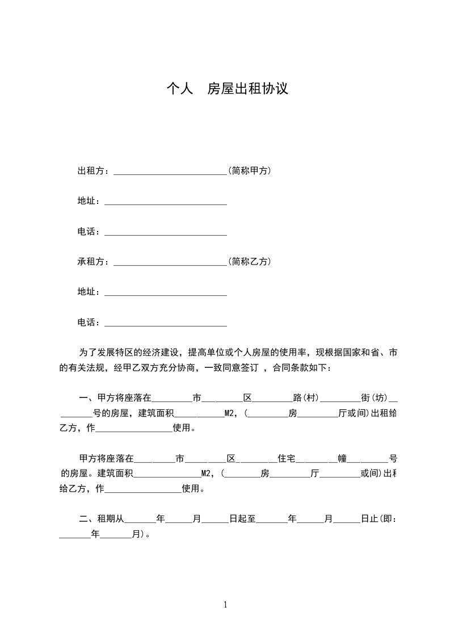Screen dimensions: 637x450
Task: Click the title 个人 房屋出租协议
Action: coord(227,89)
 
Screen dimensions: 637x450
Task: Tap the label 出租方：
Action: coord(95,170)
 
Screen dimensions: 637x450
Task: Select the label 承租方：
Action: coord(95,262)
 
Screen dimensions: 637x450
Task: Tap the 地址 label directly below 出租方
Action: coord(90,201)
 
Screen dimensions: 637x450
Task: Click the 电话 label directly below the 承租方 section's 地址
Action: coord(90,322)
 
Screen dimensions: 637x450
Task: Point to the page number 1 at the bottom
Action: coord(225,604)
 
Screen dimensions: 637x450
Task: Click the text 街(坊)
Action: coord(374,397)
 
